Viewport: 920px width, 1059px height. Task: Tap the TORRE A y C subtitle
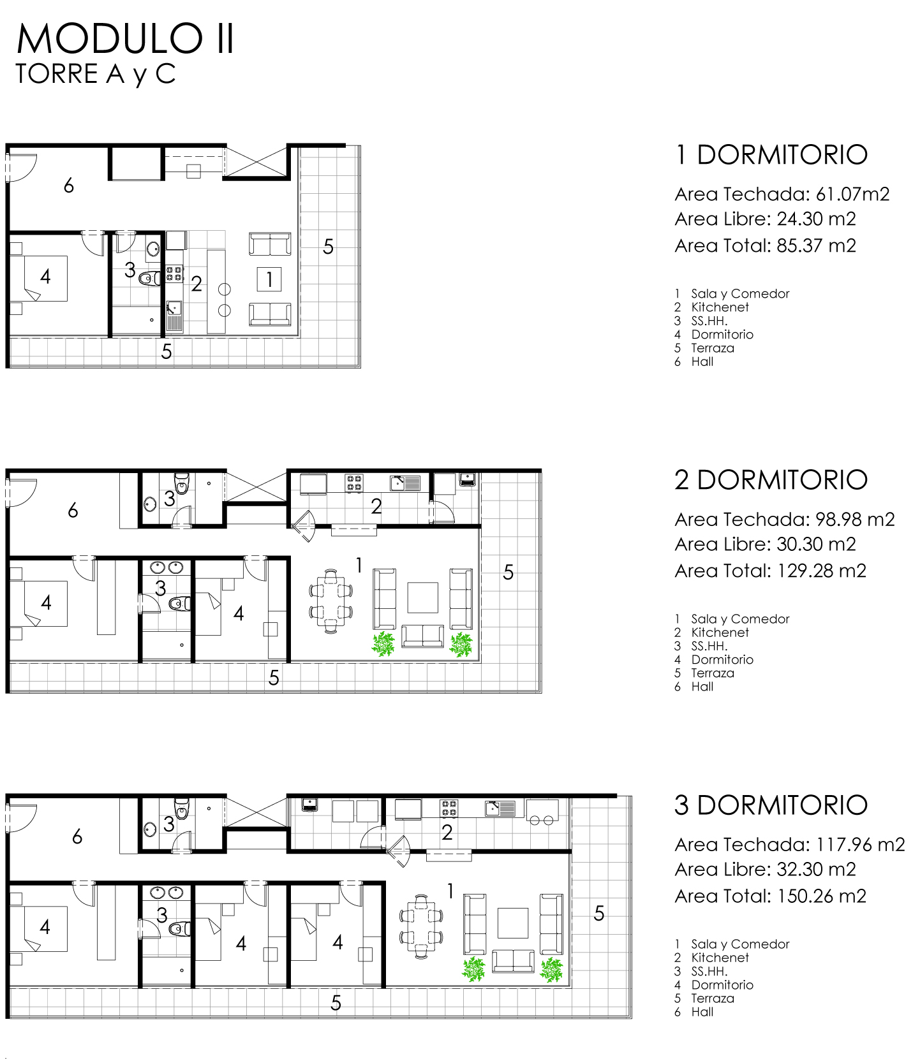click(96, 74)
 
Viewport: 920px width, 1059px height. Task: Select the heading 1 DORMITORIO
click(771, 155)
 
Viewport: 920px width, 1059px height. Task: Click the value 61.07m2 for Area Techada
click(852, 194)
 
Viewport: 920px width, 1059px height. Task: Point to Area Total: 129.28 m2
click(771, 571)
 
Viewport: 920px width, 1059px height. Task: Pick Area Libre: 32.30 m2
click(766, 870)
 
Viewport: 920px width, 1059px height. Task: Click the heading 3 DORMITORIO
click(771, 805)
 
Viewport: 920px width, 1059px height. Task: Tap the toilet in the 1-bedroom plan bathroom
click(151, 278)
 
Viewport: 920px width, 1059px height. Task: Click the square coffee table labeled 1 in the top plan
click(270, 279)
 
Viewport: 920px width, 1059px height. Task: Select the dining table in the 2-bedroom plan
click(330, 601)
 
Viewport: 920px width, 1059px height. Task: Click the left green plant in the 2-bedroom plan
click(383, 644)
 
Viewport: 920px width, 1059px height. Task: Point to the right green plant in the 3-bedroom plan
click(551, 970)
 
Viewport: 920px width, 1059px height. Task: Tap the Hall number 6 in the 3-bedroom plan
click(77, 836)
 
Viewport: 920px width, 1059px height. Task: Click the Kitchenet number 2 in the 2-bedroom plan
click(376, 506)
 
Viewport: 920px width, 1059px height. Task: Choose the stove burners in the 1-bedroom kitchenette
click(174, 274)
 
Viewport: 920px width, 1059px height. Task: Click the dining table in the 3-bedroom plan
click(421, 926)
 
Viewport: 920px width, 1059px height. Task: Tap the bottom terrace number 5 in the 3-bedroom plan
click(336, 1004)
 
